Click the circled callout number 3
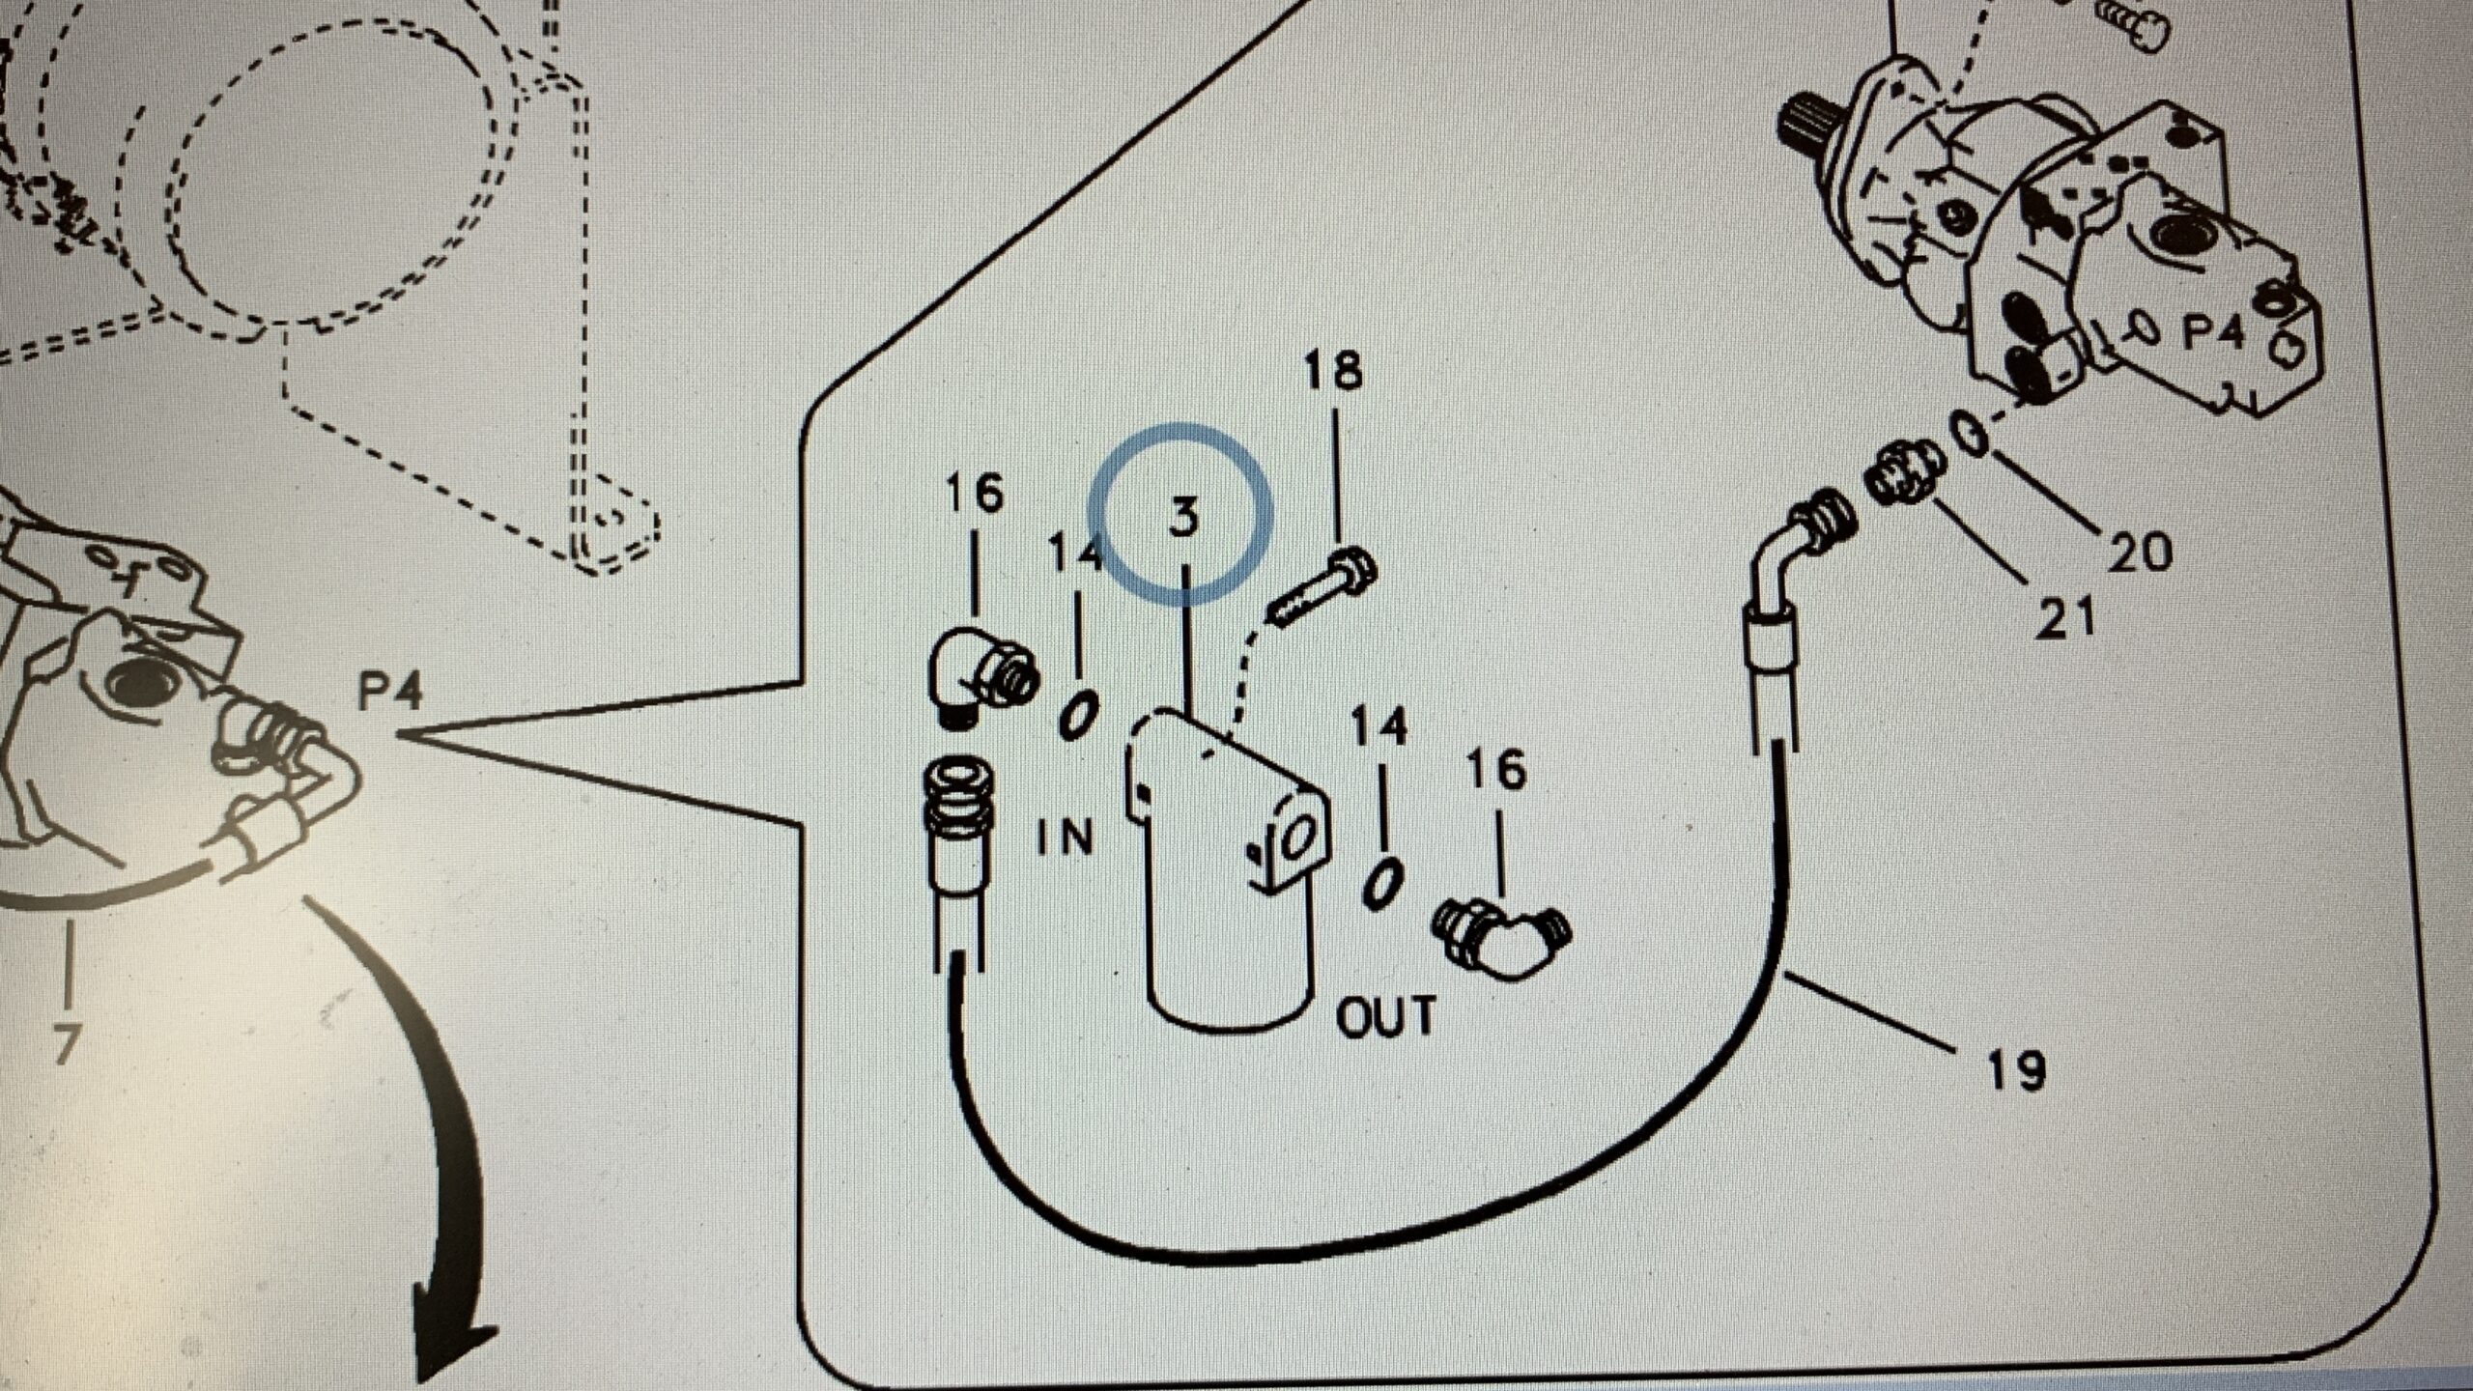coord(1182,516)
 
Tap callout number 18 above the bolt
coord(1333,370)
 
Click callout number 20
coord(2139,553)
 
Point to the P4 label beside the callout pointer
coord(390,693)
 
